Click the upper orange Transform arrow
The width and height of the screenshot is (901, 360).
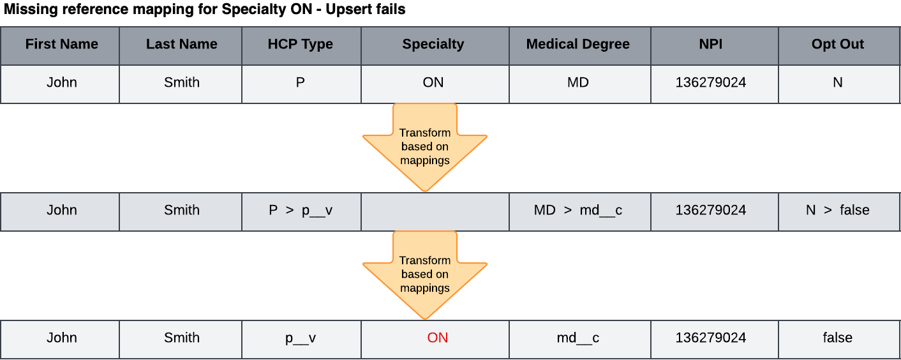425,147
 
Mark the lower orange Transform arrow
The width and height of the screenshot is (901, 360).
425,275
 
